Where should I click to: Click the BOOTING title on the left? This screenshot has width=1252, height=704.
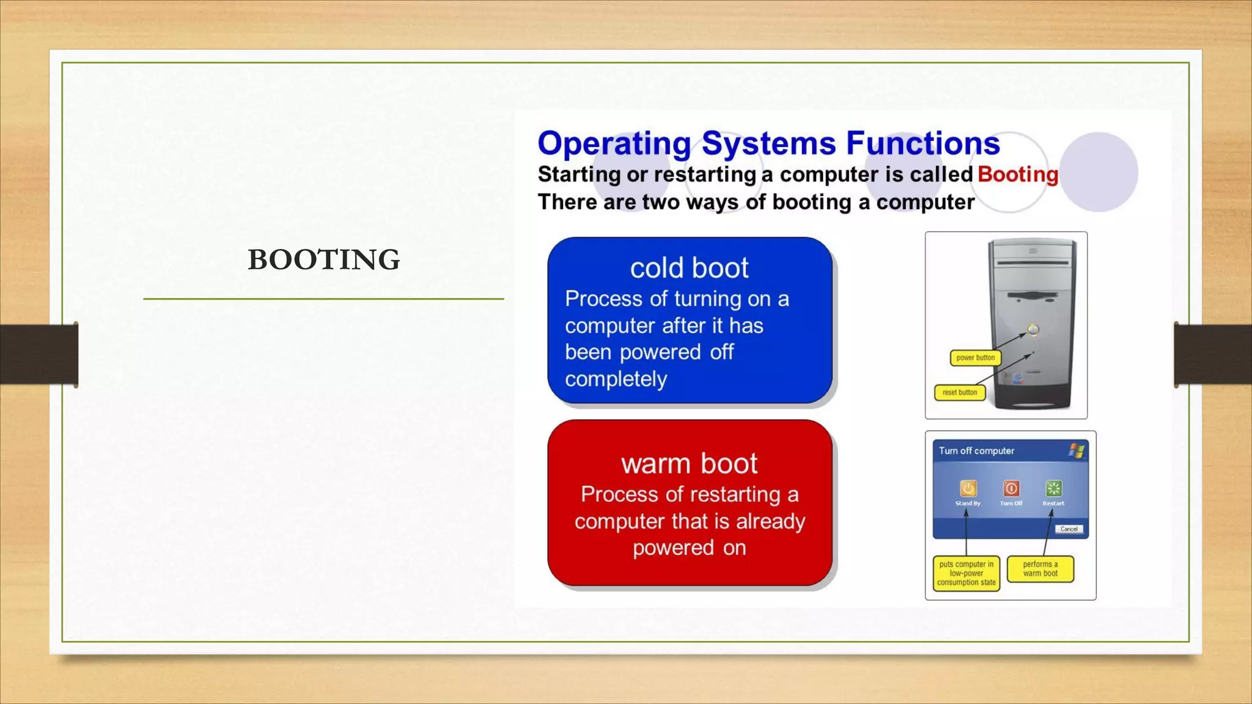[x=324, y=260]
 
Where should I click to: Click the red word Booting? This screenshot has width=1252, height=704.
[x=1018, y=174]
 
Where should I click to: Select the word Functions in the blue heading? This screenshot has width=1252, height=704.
[x=923, y=144]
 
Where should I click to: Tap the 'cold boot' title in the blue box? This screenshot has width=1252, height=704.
[x=689, y=268]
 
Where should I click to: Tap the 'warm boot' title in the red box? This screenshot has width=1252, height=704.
[x=689, y=464]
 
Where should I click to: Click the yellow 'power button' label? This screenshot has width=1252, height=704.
[x=975, y=358]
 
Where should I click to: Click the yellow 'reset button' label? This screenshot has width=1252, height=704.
[x=959, y=392]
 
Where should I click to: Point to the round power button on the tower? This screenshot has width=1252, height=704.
[x=1033, y=330]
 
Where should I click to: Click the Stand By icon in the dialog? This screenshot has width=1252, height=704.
[x=968, y=488]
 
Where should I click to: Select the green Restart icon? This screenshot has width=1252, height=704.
[x=1054, y=488]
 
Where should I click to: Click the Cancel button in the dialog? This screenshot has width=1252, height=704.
[x=1069, y=529]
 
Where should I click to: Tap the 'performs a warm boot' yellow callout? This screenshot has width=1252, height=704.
[x=1040, y=569]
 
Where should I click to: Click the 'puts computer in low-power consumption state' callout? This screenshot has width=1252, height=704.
[x=966, y=573]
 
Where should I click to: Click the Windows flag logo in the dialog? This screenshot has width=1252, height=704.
[x=1076, y=451]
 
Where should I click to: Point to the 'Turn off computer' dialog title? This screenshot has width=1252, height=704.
[x=976, y=451]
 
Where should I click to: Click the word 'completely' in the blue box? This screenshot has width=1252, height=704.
[x=616, y=380]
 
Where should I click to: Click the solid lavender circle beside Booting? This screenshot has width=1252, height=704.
[x=1099, y=172]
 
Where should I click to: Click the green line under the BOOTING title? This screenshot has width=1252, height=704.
[x=323, y=299]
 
